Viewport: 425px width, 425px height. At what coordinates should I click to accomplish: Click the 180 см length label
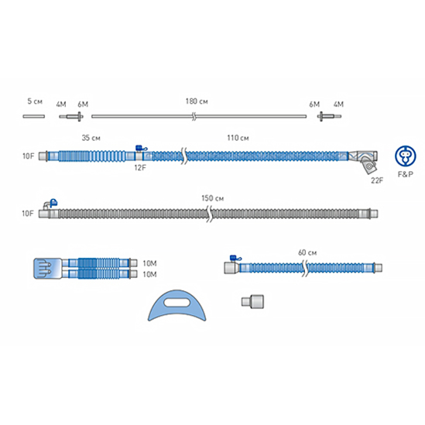(197, 101)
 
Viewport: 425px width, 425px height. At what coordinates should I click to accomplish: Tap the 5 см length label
(35, 101)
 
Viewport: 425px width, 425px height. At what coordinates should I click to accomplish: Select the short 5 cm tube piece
(34, 116)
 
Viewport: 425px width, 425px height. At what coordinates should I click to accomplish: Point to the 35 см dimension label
(91, 138)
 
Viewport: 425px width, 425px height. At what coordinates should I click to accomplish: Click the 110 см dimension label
(238, 138)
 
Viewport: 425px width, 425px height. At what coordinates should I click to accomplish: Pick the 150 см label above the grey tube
(212, 198)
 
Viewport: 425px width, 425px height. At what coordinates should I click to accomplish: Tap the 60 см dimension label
(307, 252)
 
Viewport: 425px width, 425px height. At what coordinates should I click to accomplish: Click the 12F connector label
(140, 168)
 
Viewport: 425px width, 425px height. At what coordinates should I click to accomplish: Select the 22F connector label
(377, 180)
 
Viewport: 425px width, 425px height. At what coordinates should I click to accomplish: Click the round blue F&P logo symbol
(405, 156)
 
